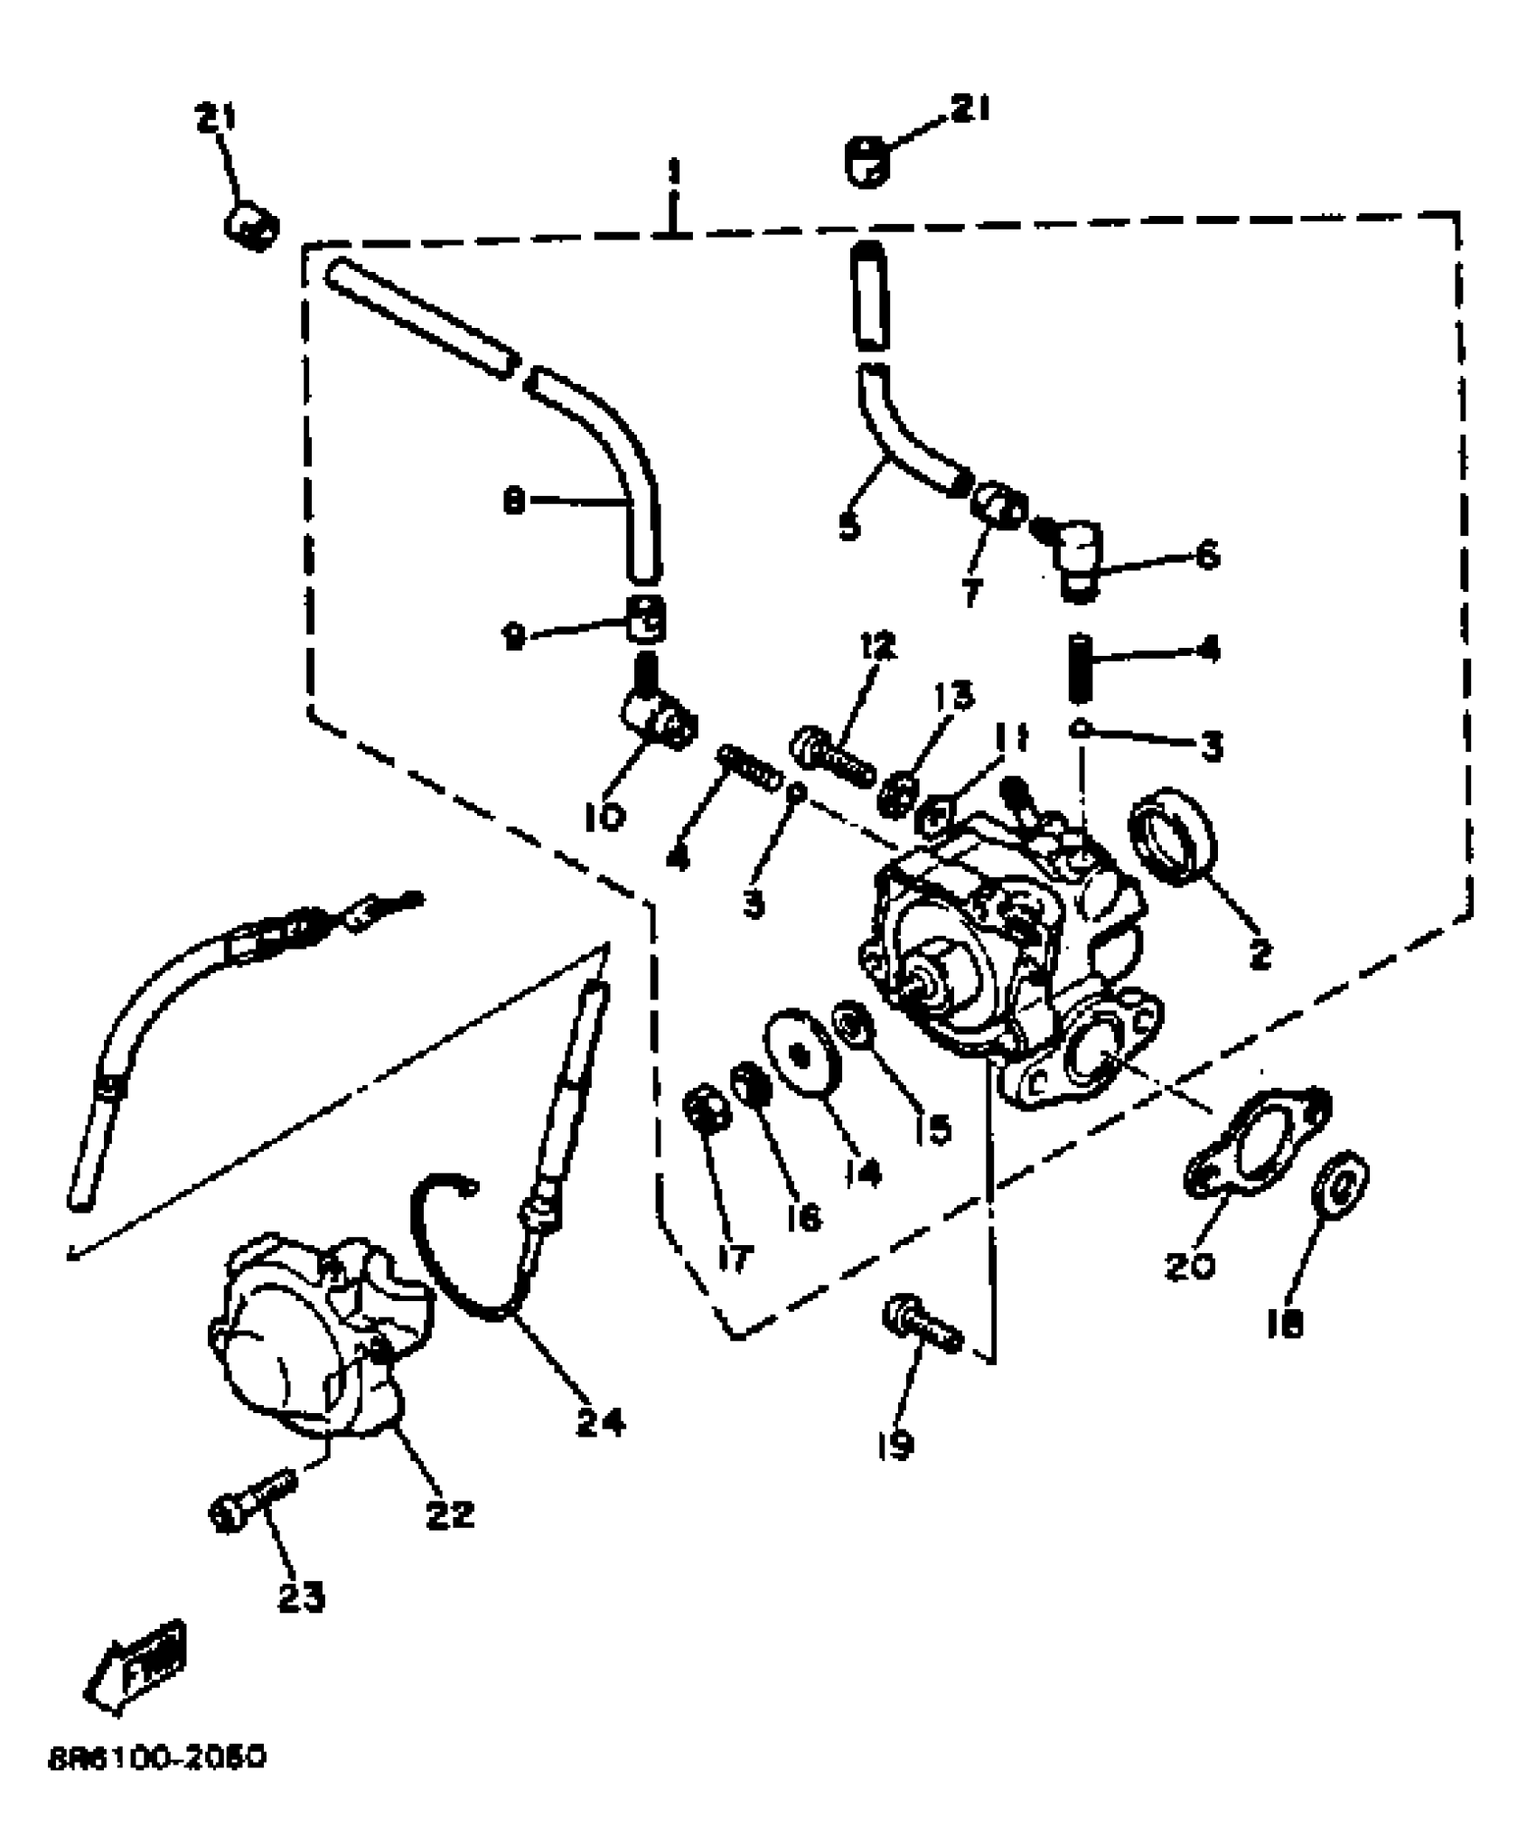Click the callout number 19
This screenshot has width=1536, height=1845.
tap(894, 1444)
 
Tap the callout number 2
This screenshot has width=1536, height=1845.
tap(1260, 954)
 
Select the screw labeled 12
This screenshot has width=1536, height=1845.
tap(833, 759)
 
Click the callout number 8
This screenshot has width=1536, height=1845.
tap(514, 501)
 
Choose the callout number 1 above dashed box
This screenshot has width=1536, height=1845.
tap(673, 172)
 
